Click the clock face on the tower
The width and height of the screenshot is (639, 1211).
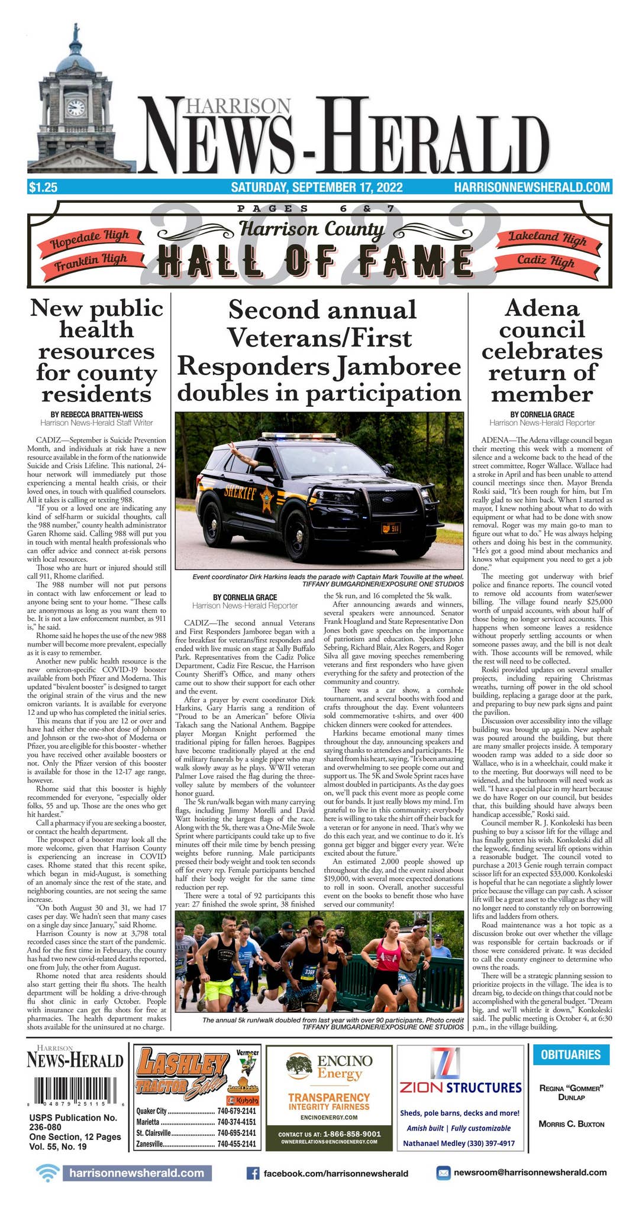76,108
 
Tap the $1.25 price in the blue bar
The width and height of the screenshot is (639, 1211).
43,187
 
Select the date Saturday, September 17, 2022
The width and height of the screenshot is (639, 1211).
317,187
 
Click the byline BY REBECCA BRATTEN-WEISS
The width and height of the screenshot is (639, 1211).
96,415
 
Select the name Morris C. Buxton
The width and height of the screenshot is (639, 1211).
571,1123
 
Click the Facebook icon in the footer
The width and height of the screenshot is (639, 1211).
252,1173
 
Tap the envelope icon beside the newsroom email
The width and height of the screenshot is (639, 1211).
443,1173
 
